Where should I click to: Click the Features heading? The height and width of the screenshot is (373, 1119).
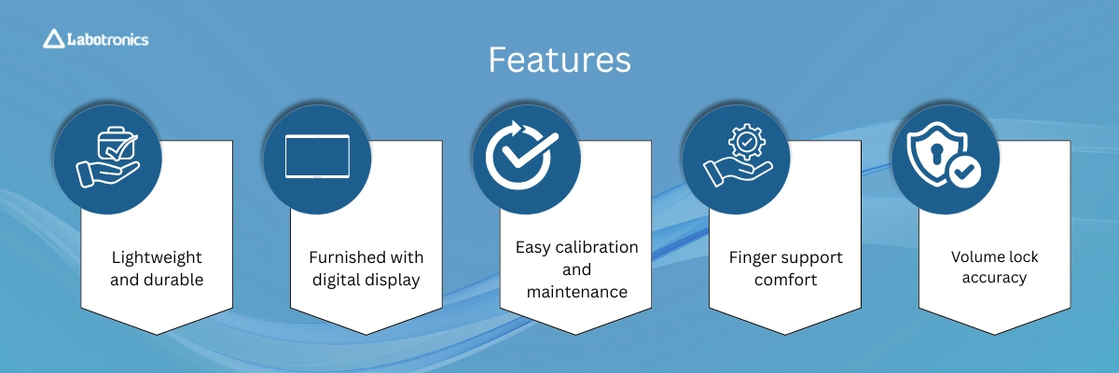(x=559, y=60)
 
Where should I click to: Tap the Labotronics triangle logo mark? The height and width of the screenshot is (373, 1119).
(x=53, y=39)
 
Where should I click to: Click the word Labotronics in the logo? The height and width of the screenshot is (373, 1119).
(x=108, y=39)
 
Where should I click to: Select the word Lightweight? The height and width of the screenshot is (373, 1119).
(x=157, y=257)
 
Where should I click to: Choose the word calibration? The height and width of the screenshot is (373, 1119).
(x=597, y=247)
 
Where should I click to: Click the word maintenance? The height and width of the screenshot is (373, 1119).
(x=576, y=292)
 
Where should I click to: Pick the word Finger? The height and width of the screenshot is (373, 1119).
(x=752, y=257)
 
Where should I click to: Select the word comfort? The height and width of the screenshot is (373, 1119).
(x=785, y=279)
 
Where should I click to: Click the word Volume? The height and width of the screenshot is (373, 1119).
(x=974, y=256)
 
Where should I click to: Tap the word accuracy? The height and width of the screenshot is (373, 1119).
(x=994, y=278)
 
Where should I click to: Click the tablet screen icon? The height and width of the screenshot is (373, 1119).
(x=317, y=156)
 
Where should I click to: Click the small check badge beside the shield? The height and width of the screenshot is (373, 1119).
(x=964, y=173)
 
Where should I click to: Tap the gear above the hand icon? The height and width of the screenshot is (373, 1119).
(x=746, y=142)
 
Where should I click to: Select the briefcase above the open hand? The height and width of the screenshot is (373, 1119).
(x=117, y=144)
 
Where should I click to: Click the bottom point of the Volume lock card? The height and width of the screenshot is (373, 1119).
(x=994, y=335)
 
